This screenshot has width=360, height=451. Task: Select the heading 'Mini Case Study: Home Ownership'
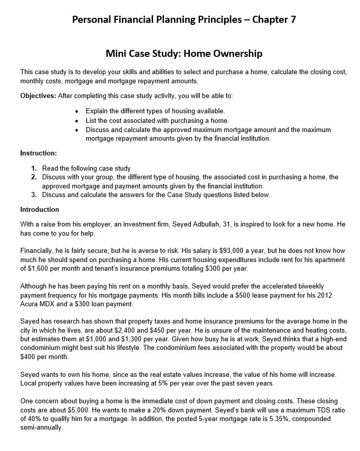pos(184,53)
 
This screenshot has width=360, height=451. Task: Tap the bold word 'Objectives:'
pos(38,95)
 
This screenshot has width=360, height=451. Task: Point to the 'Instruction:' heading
pos(39,153)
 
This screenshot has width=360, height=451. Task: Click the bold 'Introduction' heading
pos(40,209)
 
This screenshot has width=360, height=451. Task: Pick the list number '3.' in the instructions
pos(34,195)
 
